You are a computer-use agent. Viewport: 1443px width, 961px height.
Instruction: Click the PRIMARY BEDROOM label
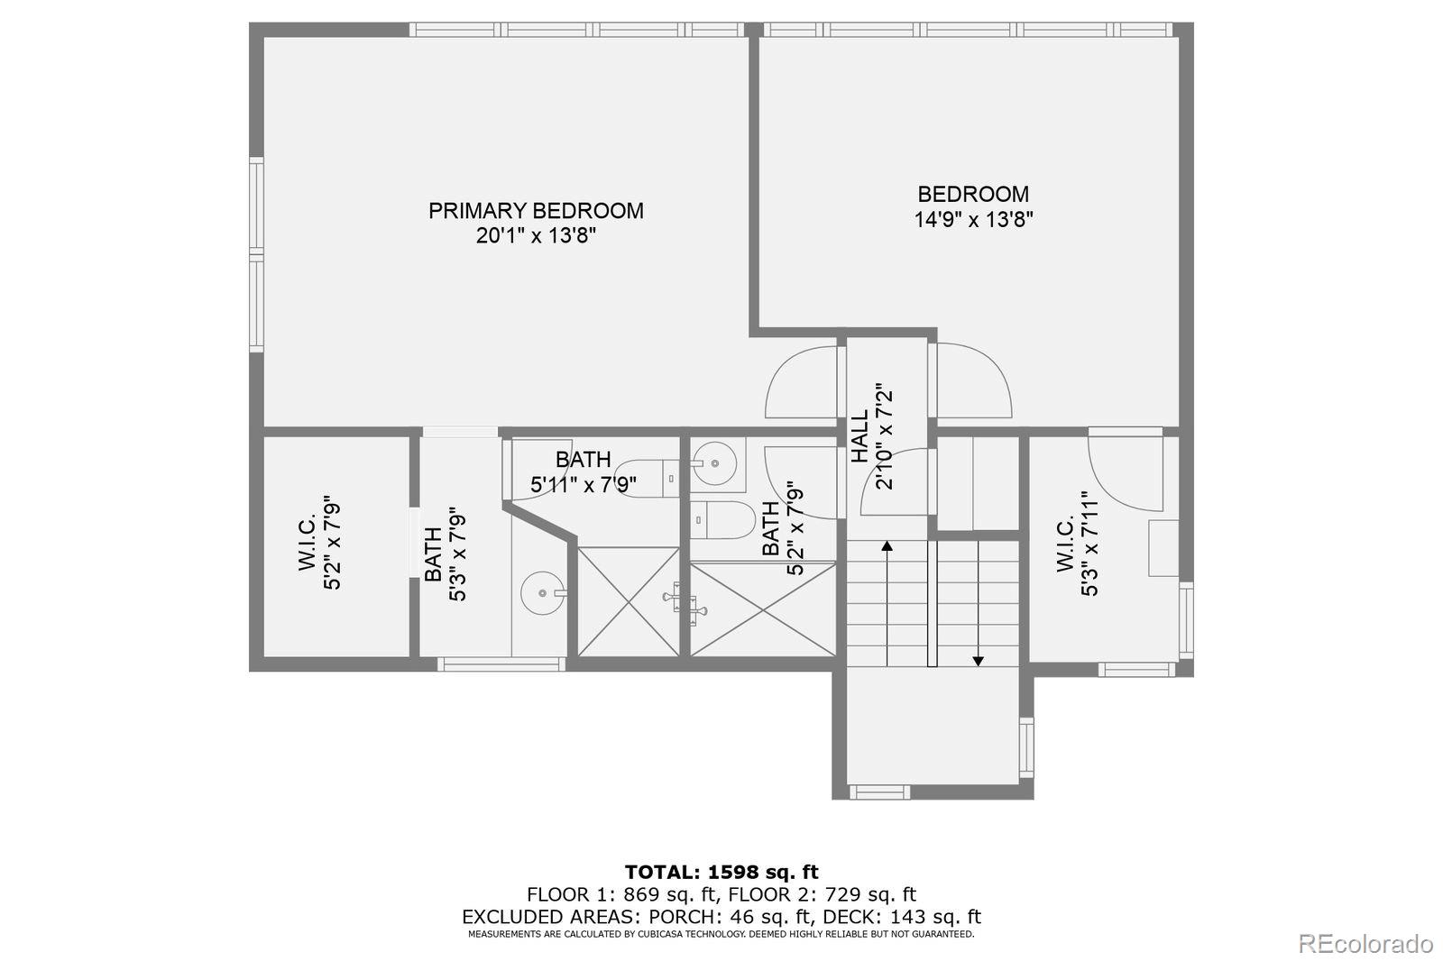[x=536, y=211]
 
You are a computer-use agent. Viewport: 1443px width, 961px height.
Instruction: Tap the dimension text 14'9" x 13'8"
[x=973, y=219]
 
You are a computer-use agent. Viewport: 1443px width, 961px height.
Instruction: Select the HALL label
[x=859, y=436]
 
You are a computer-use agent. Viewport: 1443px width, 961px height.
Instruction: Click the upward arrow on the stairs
[x=887, y=546]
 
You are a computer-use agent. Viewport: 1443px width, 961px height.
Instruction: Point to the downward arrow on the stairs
[x=978, y=660]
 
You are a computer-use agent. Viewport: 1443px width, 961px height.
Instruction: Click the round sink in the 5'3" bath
[x=543, y=593]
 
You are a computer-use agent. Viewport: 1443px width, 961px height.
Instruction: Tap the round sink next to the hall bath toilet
[x=714, y=463]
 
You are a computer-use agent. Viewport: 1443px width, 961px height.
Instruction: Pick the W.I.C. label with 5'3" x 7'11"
[x=1065, y=545]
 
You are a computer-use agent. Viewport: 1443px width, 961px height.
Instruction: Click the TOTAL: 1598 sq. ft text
[x=721, y=872]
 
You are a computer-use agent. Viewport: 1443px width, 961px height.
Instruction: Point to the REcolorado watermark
[x=1365, y=944]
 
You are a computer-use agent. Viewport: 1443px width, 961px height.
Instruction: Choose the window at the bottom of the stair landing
[x=879, y=792]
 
